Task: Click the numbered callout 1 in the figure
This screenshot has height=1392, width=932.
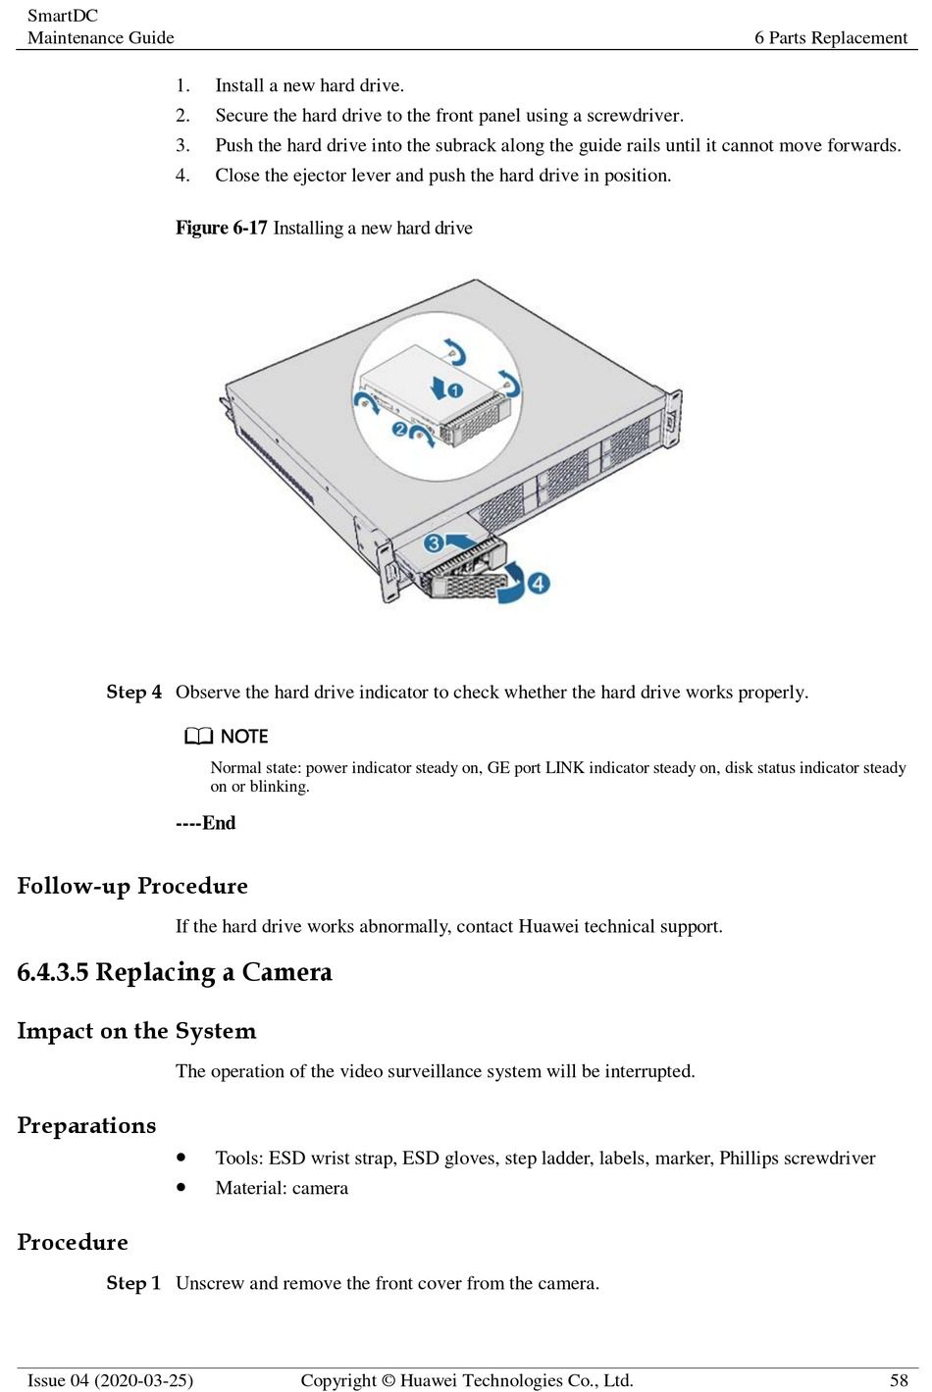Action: pyautogui.click(x=454, y=389)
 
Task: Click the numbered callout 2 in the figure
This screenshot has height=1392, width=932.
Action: pyautogui.click(x=399, y=429)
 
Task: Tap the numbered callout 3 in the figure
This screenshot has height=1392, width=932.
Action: pyautogui.click(x=433, y=542)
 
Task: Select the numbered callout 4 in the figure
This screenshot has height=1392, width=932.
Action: pyautogui.click(x=539, y=584)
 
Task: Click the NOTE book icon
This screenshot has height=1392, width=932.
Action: pyautogui.click(x=198, y=736)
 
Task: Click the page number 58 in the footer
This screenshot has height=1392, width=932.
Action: pyautogui.click(x=899, y=1380)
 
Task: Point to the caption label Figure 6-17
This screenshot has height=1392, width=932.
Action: pyautogui.click(x=221, y=228)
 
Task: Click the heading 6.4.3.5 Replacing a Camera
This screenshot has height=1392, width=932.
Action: pyautogui.click(x=175, y=972)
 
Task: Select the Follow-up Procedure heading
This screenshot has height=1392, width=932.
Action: pyautogui.click(x=132, y=886)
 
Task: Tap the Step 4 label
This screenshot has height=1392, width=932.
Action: pyautogui.click(x=133, y=692)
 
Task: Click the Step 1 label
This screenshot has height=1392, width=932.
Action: pyautogui.click(x=133, y=1283)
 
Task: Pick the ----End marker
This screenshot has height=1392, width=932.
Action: pyautogui.click(x=206, y=823)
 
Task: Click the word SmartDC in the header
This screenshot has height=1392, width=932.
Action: pyautogui.click(x=63, y=16)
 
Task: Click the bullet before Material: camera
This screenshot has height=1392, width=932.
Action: pyautogui.click(x=181, y=1187)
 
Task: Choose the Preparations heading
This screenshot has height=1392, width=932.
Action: pyautogui.click(x=86, y=1125)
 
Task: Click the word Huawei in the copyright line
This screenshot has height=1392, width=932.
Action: pyautogui.click(x=433, y=1380)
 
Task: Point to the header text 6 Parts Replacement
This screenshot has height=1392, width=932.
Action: pyautogui.click(x=831, y=37)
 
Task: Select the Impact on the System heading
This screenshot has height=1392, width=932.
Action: pyautogui.click(x=136, y=1031)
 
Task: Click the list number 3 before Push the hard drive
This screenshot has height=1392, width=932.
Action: pyautogui.click(x=182, y=145)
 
